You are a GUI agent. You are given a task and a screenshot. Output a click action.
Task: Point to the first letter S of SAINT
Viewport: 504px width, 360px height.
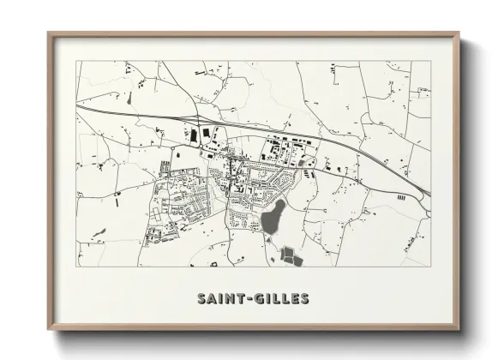[201, 300]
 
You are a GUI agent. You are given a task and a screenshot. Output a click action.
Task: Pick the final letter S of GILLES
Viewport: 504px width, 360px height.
[305, 300]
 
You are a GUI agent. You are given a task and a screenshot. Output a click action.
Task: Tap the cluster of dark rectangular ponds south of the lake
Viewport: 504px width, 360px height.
[290, 255]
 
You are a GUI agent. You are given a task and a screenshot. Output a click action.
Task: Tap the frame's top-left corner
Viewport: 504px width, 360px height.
[48, 33]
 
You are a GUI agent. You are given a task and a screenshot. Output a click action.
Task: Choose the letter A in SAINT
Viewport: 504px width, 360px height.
[213, 300]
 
